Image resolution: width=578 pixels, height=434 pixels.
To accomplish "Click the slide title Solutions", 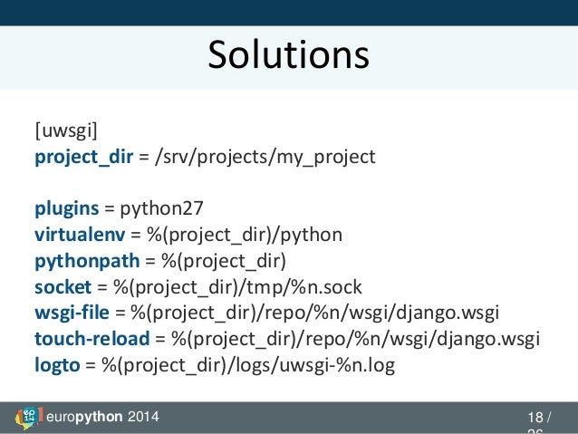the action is [x=288, y=55].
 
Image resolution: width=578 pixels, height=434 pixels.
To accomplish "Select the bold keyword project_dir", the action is [x=83, y=158].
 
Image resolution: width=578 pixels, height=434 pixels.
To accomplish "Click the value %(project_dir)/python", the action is [x=237, y=236].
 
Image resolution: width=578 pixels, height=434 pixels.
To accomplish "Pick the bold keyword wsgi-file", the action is [x=72, y=313].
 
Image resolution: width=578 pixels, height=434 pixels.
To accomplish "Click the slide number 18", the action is [x=535, y=418].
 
